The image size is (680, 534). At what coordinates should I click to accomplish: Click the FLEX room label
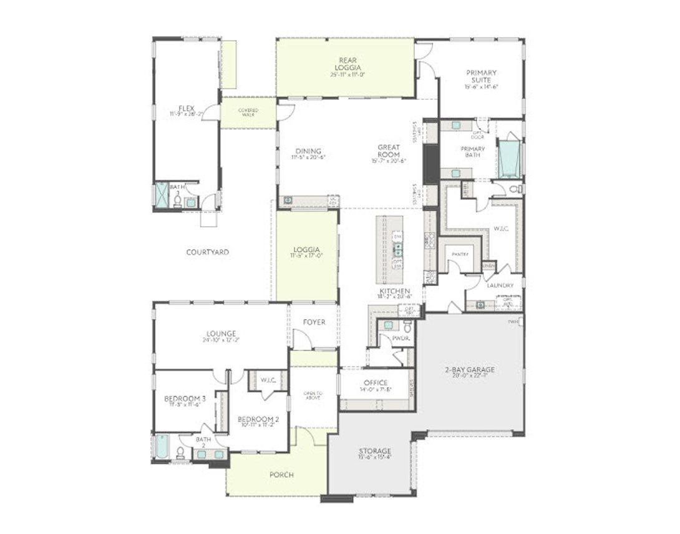click(186, 108)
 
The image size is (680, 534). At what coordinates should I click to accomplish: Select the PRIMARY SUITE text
click(481, 76)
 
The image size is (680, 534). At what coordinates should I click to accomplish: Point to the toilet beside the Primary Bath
click(515, 189)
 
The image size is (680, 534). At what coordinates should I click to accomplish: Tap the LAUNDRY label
click(500, 285)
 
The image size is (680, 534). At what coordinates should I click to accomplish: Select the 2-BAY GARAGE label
click(470, 370)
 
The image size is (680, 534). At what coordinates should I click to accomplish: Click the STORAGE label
click(374, 451)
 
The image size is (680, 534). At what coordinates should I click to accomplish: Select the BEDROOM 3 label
click(185, 398)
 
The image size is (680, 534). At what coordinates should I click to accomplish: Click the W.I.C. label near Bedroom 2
click(268, 379)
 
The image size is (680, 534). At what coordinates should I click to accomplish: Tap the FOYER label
click(314, 322)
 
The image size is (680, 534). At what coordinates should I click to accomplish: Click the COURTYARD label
click(207, 252)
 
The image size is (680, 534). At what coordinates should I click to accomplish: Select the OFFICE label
click(376, 383)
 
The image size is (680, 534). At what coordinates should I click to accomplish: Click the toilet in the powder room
click(407, 327)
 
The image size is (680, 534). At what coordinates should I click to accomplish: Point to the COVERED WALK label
click(248, 112)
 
